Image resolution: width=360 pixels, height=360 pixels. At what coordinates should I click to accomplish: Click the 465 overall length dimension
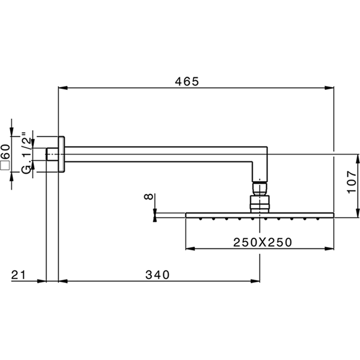tap(186, 81)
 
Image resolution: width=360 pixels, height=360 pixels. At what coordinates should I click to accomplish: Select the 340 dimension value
tap(157, 275)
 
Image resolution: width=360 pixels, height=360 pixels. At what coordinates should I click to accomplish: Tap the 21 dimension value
tap(19, 275)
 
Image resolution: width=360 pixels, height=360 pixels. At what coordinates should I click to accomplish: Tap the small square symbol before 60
tap(5, 165)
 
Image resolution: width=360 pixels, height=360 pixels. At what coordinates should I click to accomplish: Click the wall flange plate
tap(61, 154)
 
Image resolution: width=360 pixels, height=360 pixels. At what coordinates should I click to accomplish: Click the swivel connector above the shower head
tap(261, 195)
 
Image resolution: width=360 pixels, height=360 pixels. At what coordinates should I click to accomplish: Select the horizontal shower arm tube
tap(159, 154)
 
